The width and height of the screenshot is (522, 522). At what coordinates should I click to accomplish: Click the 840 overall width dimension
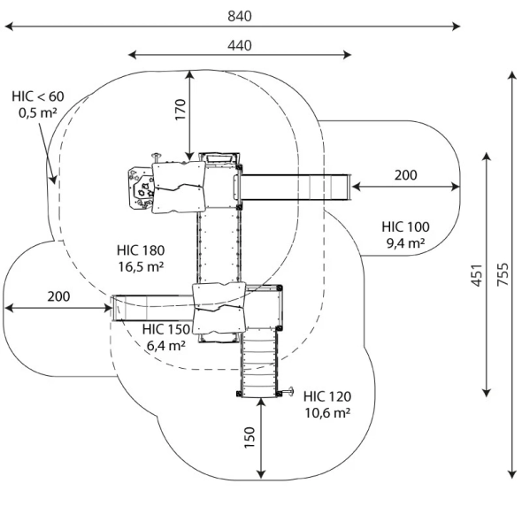(240, 16)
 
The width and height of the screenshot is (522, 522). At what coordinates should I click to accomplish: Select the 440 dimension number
(240, 45)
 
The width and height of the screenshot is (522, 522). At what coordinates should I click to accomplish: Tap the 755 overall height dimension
(503, 274)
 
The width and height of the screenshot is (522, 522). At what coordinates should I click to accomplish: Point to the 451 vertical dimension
(477, 275)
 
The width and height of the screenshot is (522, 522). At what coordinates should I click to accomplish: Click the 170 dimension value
(180, 110)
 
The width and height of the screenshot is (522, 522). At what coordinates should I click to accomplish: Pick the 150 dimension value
(249, 437)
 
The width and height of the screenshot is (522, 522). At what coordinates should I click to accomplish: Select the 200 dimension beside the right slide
(405, 175)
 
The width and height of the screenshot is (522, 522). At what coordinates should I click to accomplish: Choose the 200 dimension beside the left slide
(58, 296)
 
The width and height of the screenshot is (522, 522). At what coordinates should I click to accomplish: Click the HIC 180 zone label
(141, 250)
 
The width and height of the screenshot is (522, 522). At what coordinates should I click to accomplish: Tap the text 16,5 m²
(142, 266)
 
